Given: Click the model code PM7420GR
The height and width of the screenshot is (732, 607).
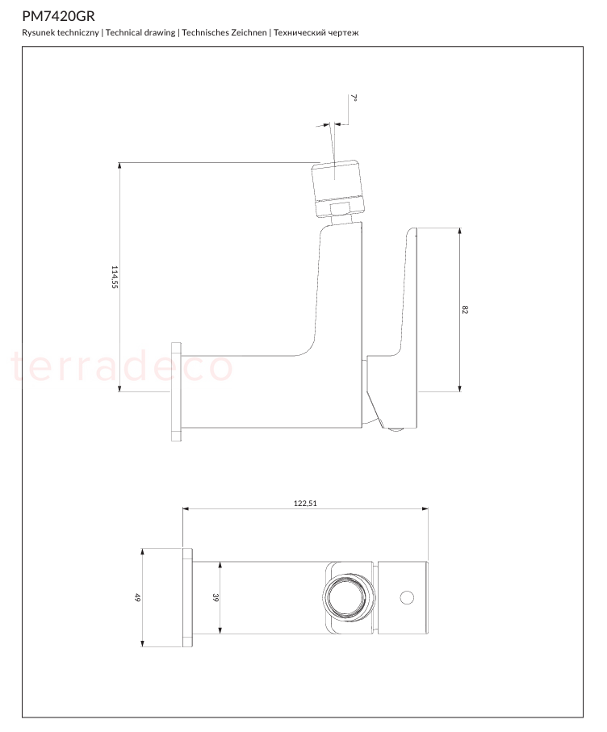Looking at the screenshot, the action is pyautogui.click(x=58, y=16).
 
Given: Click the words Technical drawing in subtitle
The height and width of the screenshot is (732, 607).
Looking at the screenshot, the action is pyautogui.click(x=140, y=32).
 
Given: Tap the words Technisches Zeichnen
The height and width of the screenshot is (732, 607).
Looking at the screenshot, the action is pyautogui.click(x=224, y=32).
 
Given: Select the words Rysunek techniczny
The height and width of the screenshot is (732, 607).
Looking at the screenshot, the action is pyautogui.click(x=61, y=32).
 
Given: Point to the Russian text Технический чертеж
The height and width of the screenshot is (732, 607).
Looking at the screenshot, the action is pyautogui.click(x=316, y=32).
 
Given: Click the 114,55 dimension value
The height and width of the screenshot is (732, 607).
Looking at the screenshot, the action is pyautogui.click(x=115, y=277).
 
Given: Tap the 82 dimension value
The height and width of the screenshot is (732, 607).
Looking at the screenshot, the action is pyautogui.click(x=465, y=310).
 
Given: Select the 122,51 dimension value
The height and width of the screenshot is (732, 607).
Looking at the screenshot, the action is pyautogui.click(x=305, y=504).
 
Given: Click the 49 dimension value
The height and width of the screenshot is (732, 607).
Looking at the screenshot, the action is pyautogui.click(x=137, y=597).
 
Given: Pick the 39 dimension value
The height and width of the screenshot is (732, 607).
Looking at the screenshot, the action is pyautogui.click(x=216, y=597).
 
